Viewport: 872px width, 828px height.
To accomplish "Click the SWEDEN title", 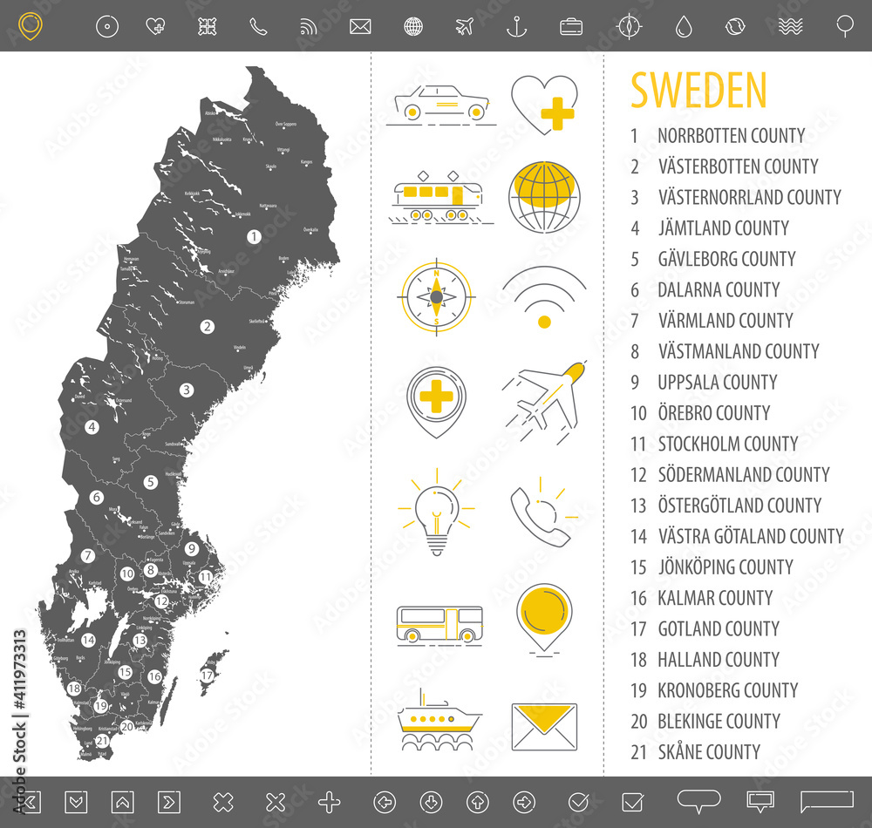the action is point(698,91).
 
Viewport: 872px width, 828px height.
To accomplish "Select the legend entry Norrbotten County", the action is point(731,136).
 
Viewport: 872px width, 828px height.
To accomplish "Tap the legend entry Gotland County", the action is point(718,628).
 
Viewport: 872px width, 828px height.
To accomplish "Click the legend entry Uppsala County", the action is point(717,382).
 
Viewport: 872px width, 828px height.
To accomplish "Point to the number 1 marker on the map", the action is point(254,236).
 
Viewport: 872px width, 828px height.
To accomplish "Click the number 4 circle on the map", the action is point(92,427).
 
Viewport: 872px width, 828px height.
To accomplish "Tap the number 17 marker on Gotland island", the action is point(208,675).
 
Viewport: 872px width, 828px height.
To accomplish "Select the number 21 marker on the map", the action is point(102,740).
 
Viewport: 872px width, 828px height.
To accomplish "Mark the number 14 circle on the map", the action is point(88,640).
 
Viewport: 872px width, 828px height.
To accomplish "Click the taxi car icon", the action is point(441,104).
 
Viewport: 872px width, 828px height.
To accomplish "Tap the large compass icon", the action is point(437,297).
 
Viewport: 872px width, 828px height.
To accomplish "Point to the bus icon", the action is point(439,625).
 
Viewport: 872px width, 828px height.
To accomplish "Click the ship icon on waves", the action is point(439,720).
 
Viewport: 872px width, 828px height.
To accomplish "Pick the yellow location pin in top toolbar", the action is point(29,25).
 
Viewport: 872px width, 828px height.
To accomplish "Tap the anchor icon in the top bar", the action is point(517,27).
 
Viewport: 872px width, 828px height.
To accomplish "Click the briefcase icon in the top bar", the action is point(571,27).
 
